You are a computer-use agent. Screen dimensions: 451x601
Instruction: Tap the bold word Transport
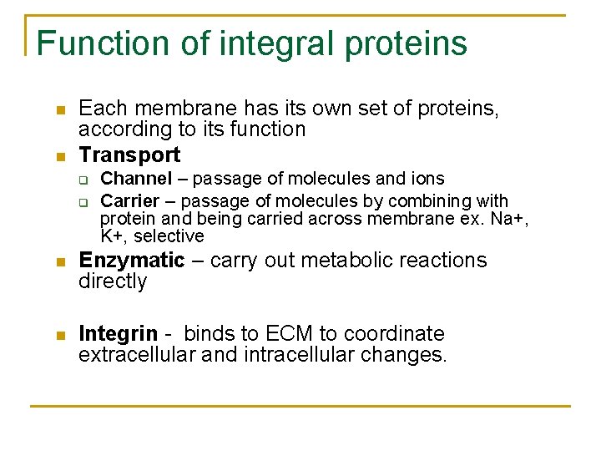(129, 155)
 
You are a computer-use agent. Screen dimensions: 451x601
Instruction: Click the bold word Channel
(136, 179)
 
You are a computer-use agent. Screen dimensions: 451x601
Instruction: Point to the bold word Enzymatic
(131, 261)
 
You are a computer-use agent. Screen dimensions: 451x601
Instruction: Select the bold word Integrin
(118, 334)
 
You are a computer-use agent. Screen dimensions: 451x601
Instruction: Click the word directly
(112, 281)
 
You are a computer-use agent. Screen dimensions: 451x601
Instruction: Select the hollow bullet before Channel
(83, 180)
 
